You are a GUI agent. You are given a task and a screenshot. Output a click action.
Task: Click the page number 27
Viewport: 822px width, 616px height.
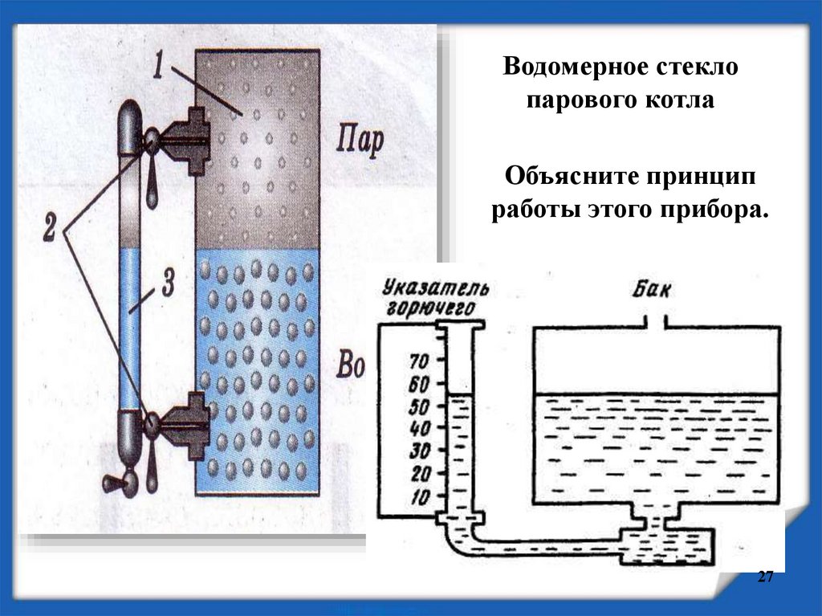coord(764,578)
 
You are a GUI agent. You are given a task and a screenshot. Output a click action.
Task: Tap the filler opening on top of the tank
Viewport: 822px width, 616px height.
coord(658,323)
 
